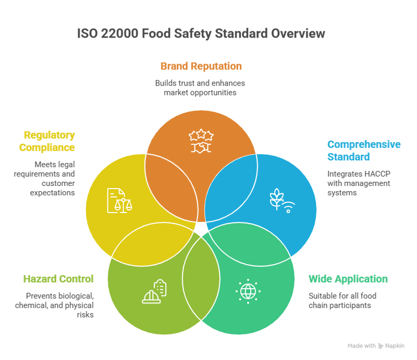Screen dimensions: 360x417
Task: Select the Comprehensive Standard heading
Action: coord(364,150)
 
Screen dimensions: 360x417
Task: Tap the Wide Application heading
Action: coord(348,279)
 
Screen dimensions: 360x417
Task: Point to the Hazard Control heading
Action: coord(58,279)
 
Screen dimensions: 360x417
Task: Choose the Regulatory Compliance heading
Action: coord(47,141)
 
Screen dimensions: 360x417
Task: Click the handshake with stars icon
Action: coord(201,142)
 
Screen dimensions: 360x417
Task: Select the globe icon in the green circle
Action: coord(247,291)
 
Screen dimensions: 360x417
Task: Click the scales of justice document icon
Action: coord(119,200)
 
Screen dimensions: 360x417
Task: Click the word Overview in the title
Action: coord(298,34)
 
